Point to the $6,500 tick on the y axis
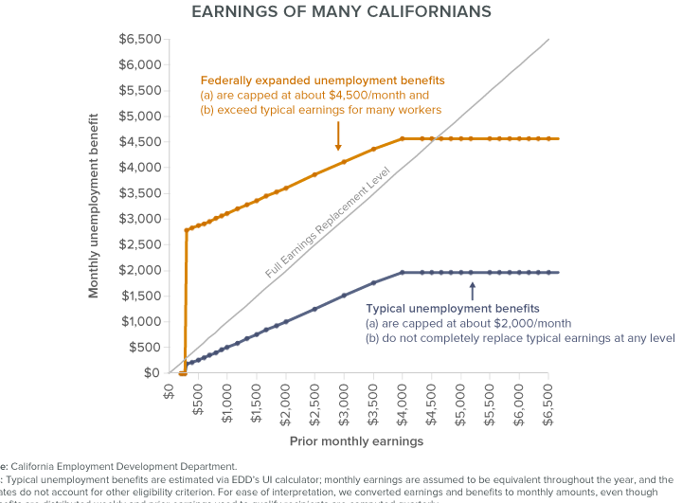pos(140,40)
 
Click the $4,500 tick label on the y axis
pos(140,142)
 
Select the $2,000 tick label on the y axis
pos(140,270)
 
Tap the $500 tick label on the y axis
pos(145,347)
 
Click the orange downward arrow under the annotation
pos(337,137)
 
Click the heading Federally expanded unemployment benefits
pos(321,80)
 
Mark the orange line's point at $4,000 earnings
pos(403,139)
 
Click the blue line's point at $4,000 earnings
pos(403,273)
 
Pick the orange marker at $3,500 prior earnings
pos(373,150)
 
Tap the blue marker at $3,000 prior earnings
pos(344,296)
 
